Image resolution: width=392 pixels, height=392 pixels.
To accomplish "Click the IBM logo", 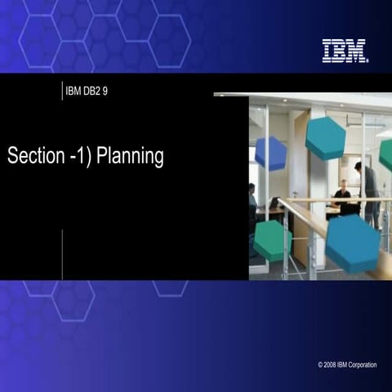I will [345, 51].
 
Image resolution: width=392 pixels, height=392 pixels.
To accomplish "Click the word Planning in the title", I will [130, 156].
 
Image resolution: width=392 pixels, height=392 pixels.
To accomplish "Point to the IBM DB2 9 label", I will [87, 90].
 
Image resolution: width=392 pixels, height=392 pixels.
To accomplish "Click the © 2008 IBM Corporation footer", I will [347, 365].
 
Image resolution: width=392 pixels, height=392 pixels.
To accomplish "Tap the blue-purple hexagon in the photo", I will [270, 153].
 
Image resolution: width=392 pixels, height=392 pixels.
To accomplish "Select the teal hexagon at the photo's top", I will [325, 137].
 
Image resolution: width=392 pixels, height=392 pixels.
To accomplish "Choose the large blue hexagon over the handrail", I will [353, 243].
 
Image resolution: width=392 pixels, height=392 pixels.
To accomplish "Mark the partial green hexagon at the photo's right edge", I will [385, 155].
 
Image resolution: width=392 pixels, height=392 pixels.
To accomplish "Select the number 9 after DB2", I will [105, 90].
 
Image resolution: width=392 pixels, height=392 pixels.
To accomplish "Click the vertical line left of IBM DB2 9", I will [62, 90].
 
